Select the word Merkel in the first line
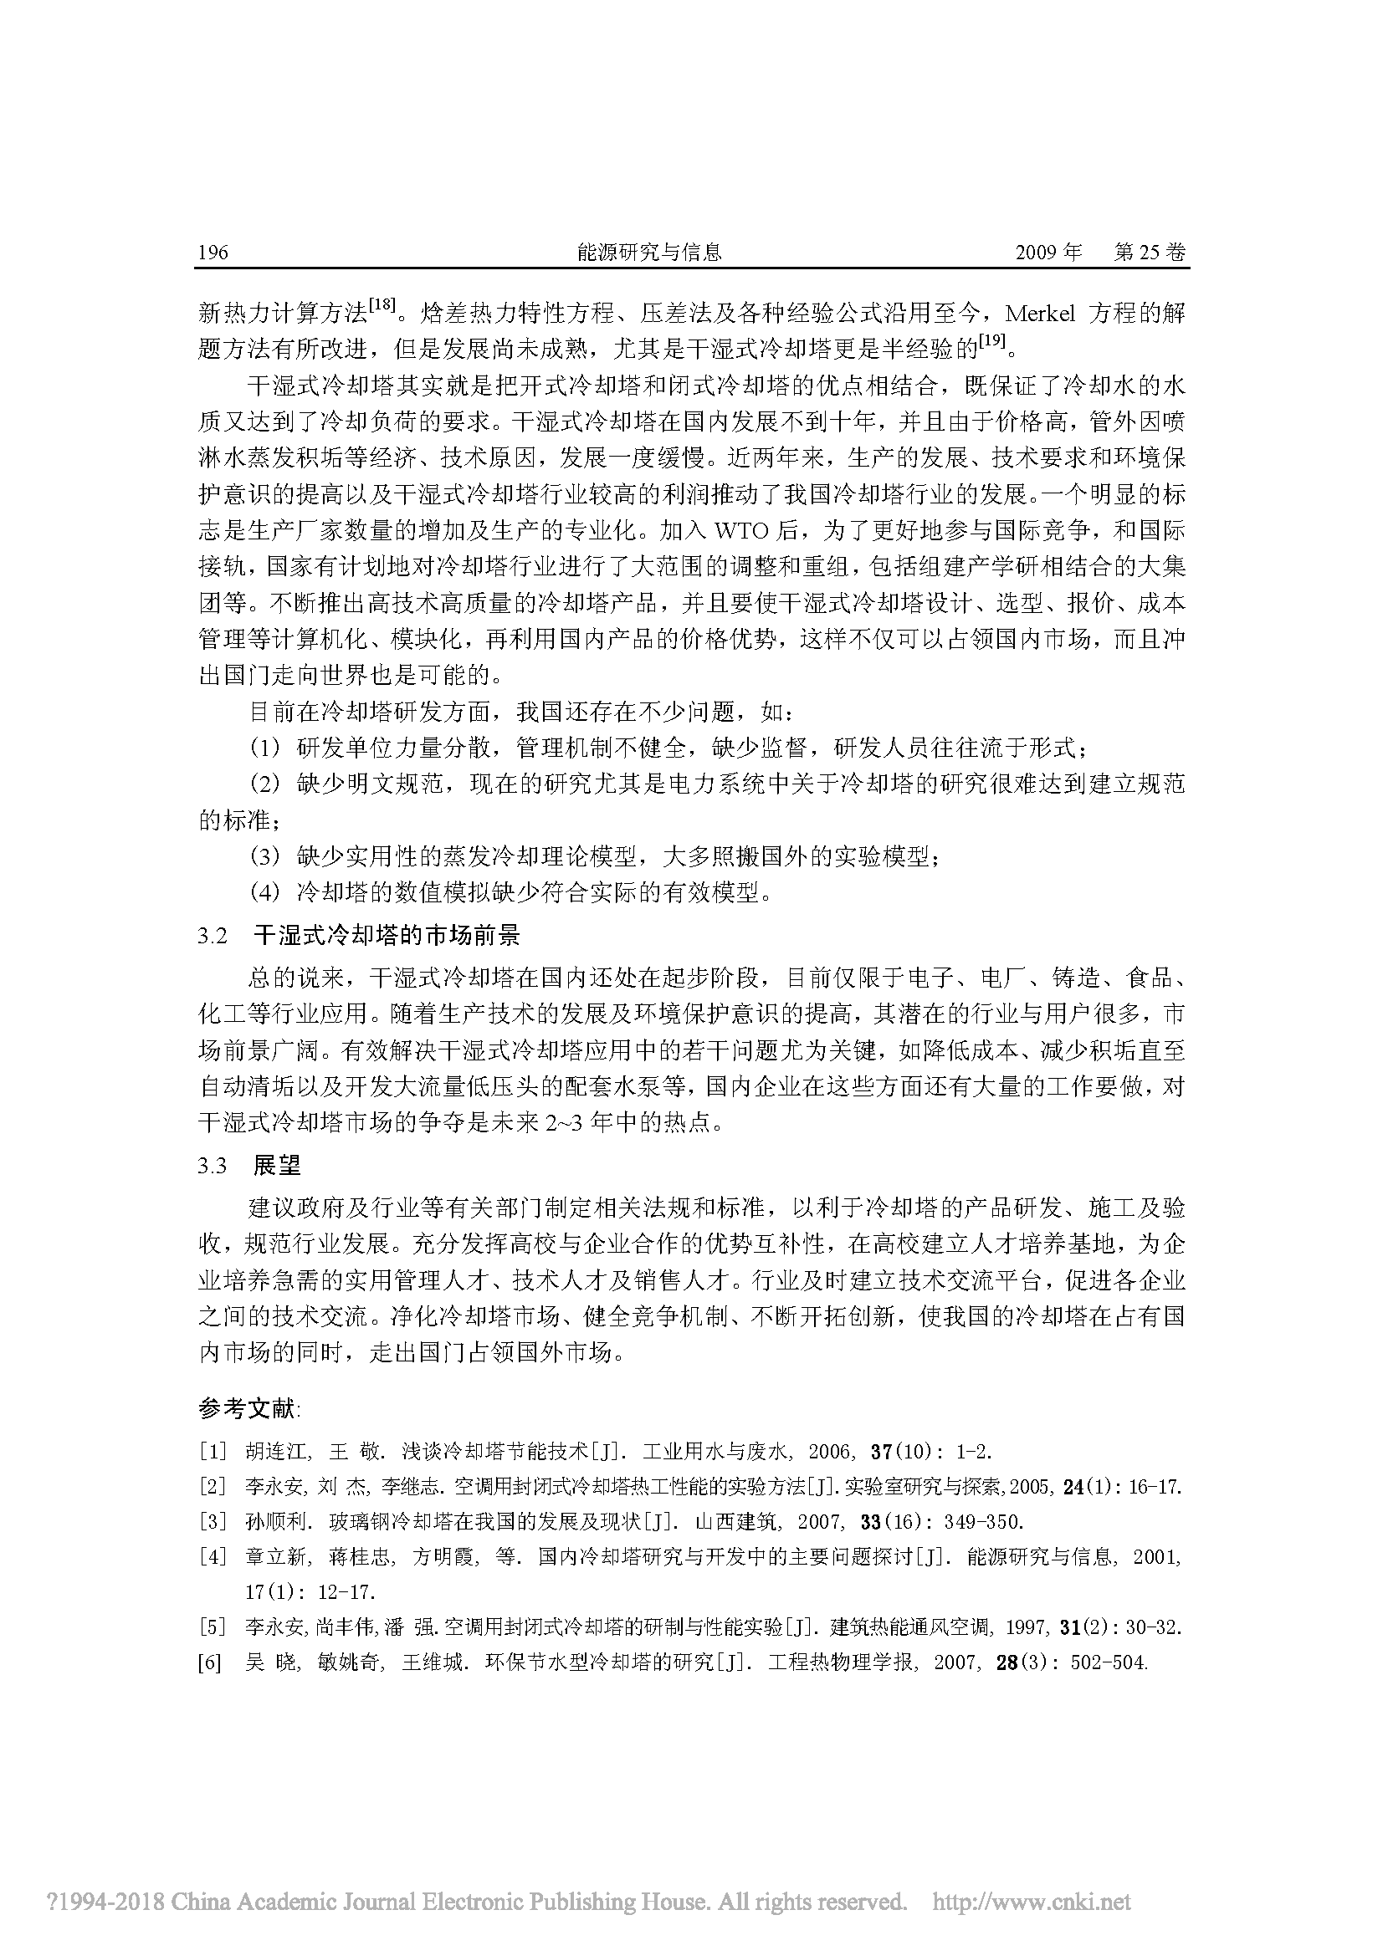(x=1041, y=314)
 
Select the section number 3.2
(x=213, y=937)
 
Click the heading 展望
(x=278, y=1166)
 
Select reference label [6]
(x=213, y=1662)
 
